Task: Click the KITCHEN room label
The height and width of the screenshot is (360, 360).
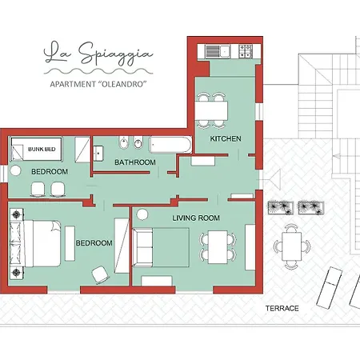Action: click(x=226, y=138)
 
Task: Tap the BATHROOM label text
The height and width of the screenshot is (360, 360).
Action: click(x=135, y=162)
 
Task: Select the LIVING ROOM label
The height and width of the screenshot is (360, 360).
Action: click(x=196, y=218)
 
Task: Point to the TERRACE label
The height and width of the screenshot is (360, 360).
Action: click(x=282, y=309)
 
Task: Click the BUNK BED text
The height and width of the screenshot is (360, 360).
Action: click(x=42, y=150)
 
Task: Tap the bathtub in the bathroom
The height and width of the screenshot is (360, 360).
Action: click(x=170, y=145)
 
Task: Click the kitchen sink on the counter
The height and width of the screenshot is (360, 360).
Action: click(x=218, y=51)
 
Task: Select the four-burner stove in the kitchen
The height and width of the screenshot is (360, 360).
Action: click(x=246, y=51)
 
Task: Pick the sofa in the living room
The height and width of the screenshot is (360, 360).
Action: click(x=142, y=247)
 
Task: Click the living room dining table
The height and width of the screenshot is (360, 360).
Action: click(x=218, y=247)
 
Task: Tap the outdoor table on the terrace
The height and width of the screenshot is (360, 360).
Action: click(x=292, y=246)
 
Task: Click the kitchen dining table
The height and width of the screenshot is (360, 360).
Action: click(x=211, y=110)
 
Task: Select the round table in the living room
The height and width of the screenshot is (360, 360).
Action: click(x=142, y=214)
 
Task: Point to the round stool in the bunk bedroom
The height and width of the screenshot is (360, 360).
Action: click(x=15, y=170)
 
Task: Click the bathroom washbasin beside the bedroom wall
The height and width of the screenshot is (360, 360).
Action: click(x=98, y=154)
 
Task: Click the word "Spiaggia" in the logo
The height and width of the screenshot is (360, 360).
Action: click(x=116, y=54)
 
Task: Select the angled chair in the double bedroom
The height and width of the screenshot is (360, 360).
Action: click(x=100, y=274)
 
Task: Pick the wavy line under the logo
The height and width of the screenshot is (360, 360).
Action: click(x=98, y=71)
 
